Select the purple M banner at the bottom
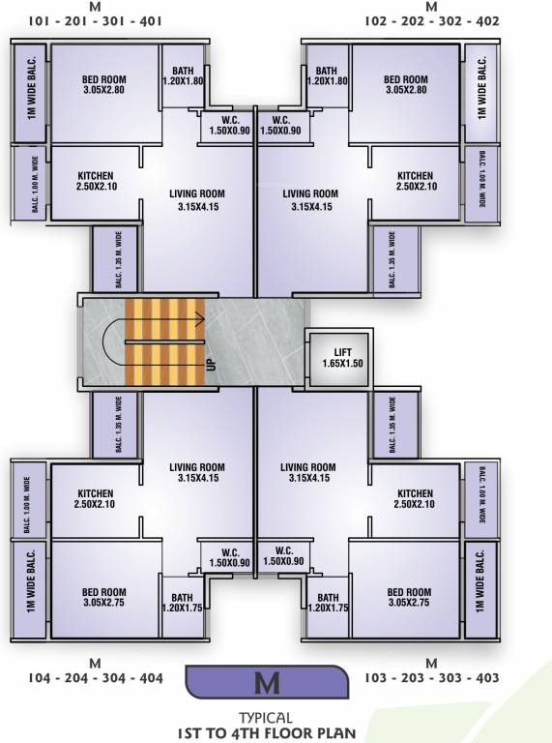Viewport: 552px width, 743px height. (266, 682)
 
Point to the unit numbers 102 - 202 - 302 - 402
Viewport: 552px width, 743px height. (432, 20)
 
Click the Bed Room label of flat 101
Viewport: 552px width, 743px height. (103, 84)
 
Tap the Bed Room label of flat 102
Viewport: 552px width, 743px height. (405, 84)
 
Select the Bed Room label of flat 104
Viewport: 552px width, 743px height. (103, 597)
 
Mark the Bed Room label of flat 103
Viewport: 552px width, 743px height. (409, 597)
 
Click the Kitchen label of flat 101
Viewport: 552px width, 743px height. (96, 181)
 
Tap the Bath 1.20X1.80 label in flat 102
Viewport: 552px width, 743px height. (327, 76)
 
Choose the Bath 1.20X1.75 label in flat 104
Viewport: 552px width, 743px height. (182, 603)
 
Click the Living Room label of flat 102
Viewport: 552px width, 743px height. (311, 199)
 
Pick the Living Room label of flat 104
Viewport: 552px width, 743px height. (196, 472)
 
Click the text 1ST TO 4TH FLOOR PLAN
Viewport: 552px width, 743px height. (267, 732)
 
